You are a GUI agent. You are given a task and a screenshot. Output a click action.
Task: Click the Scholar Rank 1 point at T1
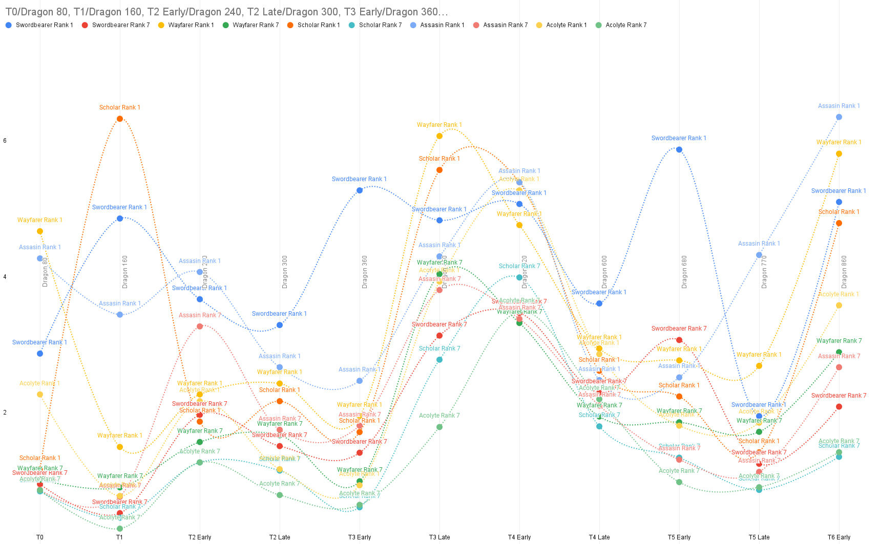pos(120,119)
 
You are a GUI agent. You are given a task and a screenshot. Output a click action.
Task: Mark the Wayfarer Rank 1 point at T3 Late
pos(439,136)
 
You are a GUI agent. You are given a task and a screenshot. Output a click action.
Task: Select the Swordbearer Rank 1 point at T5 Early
pos(679,150)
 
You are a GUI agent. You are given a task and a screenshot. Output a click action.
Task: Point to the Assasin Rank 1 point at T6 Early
pos(839,117)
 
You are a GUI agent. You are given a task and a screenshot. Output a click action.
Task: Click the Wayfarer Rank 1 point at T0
pos(40,231)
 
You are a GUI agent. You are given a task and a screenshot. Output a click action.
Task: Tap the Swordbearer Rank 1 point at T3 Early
pos(360,190)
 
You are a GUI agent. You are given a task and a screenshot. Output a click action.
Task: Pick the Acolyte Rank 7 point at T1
pos(120,529)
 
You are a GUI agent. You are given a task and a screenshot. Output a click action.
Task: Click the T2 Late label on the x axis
pos(280,537)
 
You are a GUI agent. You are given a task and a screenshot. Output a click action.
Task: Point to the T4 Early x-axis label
pos(519,537)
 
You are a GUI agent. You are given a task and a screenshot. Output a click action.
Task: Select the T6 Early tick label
pos(839,537)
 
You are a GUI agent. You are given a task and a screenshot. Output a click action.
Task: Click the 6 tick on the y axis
pos(5,141)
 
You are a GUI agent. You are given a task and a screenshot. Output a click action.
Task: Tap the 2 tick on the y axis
pos(5,412)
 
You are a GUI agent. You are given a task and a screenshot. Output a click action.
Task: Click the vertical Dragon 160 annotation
pos(125,272)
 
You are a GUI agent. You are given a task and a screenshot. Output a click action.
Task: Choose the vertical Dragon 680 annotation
pos(684,272)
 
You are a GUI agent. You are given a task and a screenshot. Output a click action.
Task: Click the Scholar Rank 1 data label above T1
pos(120,107)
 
